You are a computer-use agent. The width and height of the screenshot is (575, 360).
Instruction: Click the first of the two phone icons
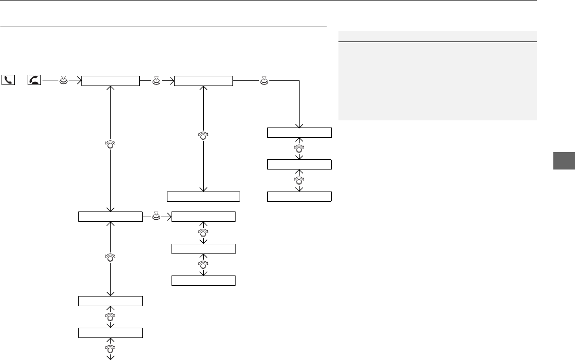pyautogui.click(x=9, y=80)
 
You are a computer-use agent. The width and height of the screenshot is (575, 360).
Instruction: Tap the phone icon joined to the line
pyautogui.click(x=35, y=80)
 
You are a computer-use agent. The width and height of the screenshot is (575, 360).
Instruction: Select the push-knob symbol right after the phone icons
pyautogui.click(x=63, y=80)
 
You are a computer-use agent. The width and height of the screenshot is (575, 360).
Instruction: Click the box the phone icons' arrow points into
pyautogui.click(x=111, y=80)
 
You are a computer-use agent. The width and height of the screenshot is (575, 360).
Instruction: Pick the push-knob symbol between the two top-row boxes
pyautogui.click(x=156, y=80)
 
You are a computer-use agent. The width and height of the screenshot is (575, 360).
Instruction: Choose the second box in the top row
pyautogui.click(x=203, y=80)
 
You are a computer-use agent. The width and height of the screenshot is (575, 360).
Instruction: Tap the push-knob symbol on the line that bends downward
pyautogui.click(x=263, y=80)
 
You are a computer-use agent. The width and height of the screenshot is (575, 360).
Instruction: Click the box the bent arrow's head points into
pyautogui.click(x=300, y=133)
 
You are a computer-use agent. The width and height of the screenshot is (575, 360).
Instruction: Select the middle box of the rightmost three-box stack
pyautogui.click(x=300, y=164)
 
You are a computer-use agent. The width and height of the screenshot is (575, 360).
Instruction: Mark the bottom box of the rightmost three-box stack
pyautogui.click(x=300, y=196)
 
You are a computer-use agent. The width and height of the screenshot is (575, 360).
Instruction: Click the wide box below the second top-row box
pyautogui.click(x=204, y=196)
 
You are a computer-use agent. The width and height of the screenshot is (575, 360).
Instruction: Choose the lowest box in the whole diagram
pyautogui.click(x=111, y=332)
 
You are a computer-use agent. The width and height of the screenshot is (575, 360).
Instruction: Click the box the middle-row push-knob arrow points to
pyautogui.click(x=204, y=216)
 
